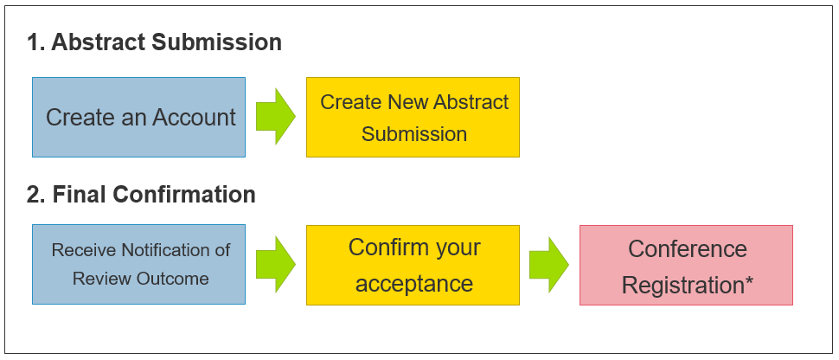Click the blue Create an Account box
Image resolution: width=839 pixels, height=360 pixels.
[138, 118]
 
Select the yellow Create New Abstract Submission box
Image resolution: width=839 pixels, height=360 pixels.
[413, 118]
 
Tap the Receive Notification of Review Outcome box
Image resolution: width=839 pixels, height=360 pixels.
[138, 265]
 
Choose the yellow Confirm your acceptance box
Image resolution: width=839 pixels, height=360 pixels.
[413, 265]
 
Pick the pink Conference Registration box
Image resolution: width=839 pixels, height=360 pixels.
[686, 265]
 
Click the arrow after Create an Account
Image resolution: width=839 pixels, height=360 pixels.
[276, 117]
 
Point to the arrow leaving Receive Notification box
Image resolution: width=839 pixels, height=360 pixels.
[276, 265]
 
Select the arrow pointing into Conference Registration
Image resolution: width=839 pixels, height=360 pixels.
[549, 265]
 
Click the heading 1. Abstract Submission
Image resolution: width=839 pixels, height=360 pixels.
[154, 42]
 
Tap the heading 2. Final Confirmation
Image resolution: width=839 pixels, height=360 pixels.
[141, 194]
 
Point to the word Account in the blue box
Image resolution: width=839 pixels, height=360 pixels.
[195, 118]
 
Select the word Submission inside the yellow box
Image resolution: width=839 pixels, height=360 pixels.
[414, 134]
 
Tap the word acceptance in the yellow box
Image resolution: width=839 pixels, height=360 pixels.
[414, 283]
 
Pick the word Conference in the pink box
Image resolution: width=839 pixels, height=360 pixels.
[688, 249]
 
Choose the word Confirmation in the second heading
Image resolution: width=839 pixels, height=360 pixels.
[184, 194]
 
